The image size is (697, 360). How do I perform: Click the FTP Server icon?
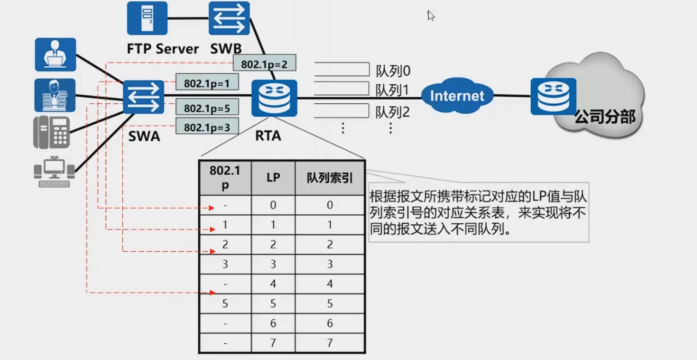147,19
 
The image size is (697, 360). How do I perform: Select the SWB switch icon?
229,19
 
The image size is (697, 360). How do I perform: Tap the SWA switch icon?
144,97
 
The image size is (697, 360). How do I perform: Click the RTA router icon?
274,98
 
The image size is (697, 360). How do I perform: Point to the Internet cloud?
457,96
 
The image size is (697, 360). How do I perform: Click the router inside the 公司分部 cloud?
553,96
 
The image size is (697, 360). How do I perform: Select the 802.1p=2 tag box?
264,64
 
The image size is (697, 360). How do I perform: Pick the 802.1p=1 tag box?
207,83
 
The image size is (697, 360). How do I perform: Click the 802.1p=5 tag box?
207,108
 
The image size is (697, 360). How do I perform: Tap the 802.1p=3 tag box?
207,127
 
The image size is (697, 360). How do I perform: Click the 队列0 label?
393,71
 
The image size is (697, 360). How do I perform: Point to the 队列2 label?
393,112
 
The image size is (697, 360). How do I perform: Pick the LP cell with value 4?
273,284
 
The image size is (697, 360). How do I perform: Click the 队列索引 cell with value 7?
330,343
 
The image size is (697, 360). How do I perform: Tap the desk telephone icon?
51,132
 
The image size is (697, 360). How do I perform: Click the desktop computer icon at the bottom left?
54,171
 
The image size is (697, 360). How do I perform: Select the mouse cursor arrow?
431,16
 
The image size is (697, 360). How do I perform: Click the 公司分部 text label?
604,117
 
